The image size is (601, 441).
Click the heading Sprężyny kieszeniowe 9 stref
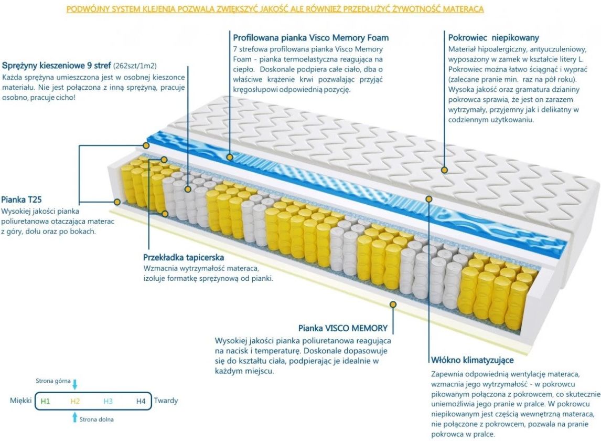[56, 66]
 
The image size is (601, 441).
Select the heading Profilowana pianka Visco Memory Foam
[311, 38]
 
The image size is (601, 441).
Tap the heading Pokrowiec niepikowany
[493, 38]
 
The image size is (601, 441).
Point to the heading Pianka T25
[21, 199]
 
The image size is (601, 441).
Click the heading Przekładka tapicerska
[184, 257]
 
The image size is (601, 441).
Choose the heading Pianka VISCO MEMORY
[343, 328]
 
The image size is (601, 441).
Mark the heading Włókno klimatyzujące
[472, 360]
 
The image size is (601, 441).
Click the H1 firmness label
[46, 402]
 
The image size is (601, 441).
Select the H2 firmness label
[75, 402]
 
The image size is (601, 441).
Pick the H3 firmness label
[108, 402]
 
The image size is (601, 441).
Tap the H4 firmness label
[141, 402]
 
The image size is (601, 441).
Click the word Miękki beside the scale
[21, 401]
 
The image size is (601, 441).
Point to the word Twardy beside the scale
[166, 401]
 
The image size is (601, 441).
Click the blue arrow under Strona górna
[74, 385]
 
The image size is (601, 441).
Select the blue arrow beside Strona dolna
[75, 417]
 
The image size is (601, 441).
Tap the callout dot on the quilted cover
[444, 170]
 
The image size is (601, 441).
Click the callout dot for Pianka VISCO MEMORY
[393, 304]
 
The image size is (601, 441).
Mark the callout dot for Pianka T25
[117, 202]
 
